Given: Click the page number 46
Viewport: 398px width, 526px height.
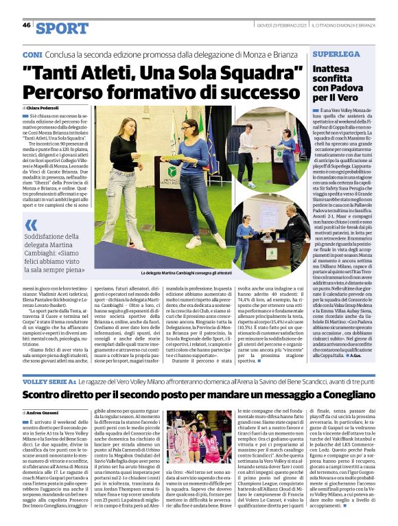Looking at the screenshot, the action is coord(27,25).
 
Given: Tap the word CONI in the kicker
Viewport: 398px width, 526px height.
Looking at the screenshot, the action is coord(32,54).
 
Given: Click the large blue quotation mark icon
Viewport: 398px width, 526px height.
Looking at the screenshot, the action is coord(31,225).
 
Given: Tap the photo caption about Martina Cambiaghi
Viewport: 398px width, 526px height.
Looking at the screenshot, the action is coord(174,273).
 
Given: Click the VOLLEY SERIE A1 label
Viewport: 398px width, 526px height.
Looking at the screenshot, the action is coord(47,380).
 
